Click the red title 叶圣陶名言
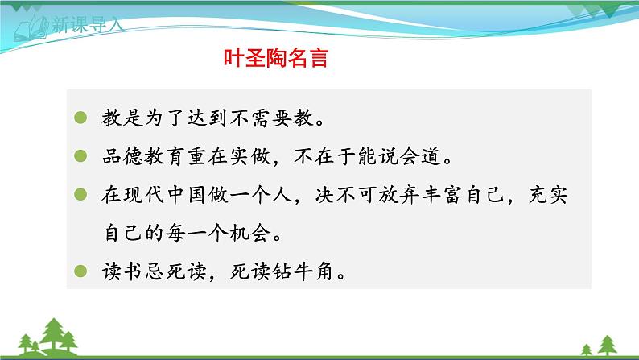[x=274, y=59]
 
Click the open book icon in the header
[x=31, y=27]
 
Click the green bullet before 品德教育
[x=79, y=155]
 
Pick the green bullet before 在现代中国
[x=79, y=194]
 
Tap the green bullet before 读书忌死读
[x=79, y=271]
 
